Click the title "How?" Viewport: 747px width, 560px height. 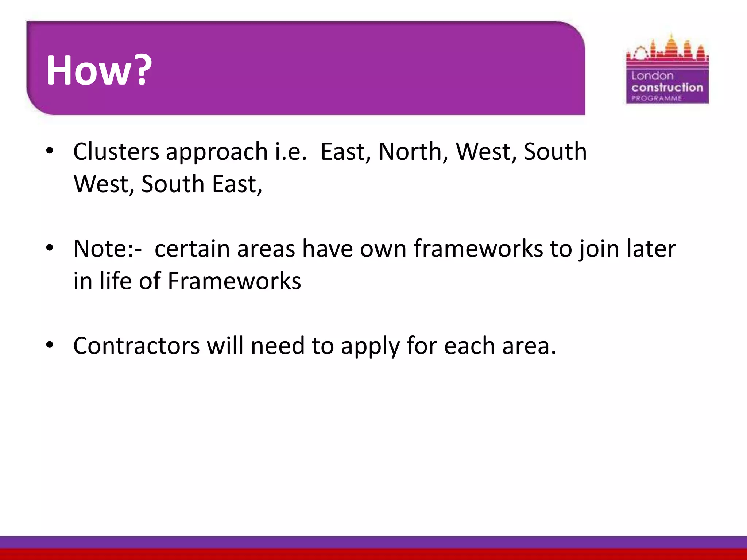(98, 70)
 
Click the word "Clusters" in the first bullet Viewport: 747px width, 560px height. (116, 151)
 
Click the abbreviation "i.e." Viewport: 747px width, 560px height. (291, 151)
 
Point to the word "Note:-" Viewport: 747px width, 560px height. (108, 249)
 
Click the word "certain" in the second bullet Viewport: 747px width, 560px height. (192, 249)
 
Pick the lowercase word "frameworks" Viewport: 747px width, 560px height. (478, 249)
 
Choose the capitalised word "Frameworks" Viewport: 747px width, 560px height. (234, 281)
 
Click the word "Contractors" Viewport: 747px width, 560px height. (136, 346)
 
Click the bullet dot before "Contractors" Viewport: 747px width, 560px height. (50, 345)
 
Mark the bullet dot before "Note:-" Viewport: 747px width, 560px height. (50, 248)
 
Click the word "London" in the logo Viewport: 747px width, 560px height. (652, 76)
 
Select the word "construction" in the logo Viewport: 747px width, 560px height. (667, 87)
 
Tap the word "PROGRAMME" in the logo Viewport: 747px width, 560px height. (657, 98)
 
